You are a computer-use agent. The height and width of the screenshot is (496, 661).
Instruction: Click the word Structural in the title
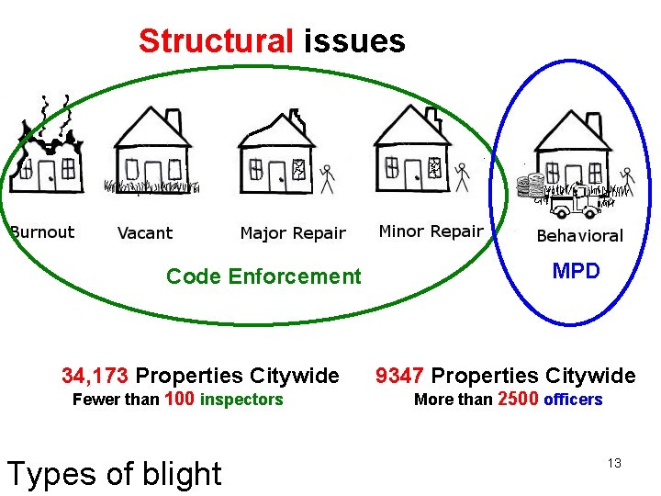[x=216, y=41]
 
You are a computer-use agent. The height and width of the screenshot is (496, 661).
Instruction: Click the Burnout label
[x=42, y=232]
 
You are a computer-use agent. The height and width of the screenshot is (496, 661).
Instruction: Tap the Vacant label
[x=145, y=233]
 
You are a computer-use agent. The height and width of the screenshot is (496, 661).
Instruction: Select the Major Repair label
[x=293, y=233]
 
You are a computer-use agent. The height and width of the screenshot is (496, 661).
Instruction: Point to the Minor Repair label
[x=431, y=231]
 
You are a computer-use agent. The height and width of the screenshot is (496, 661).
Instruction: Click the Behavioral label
[x=579, y=236]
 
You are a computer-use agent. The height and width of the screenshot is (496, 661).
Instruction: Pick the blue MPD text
[x=576, y=272]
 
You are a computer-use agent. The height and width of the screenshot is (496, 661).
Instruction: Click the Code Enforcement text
[x=263, y=276]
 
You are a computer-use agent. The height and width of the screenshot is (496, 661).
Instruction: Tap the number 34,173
[x=95, y=376]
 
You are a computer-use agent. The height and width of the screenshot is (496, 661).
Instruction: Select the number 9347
[x=400, y=376]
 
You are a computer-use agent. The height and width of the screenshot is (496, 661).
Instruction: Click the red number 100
[x=179, y=399]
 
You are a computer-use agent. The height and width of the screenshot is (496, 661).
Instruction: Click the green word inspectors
[x=241, y=400]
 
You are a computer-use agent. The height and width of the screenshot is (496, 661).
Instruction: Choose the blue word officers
[x=573, y=400]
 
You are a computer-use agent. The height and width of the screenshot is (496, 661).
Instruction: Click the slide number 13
[x=614, y=463]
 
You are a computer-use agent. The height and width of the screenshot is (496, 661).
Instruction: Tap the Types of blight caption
[x=114, y=473]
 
